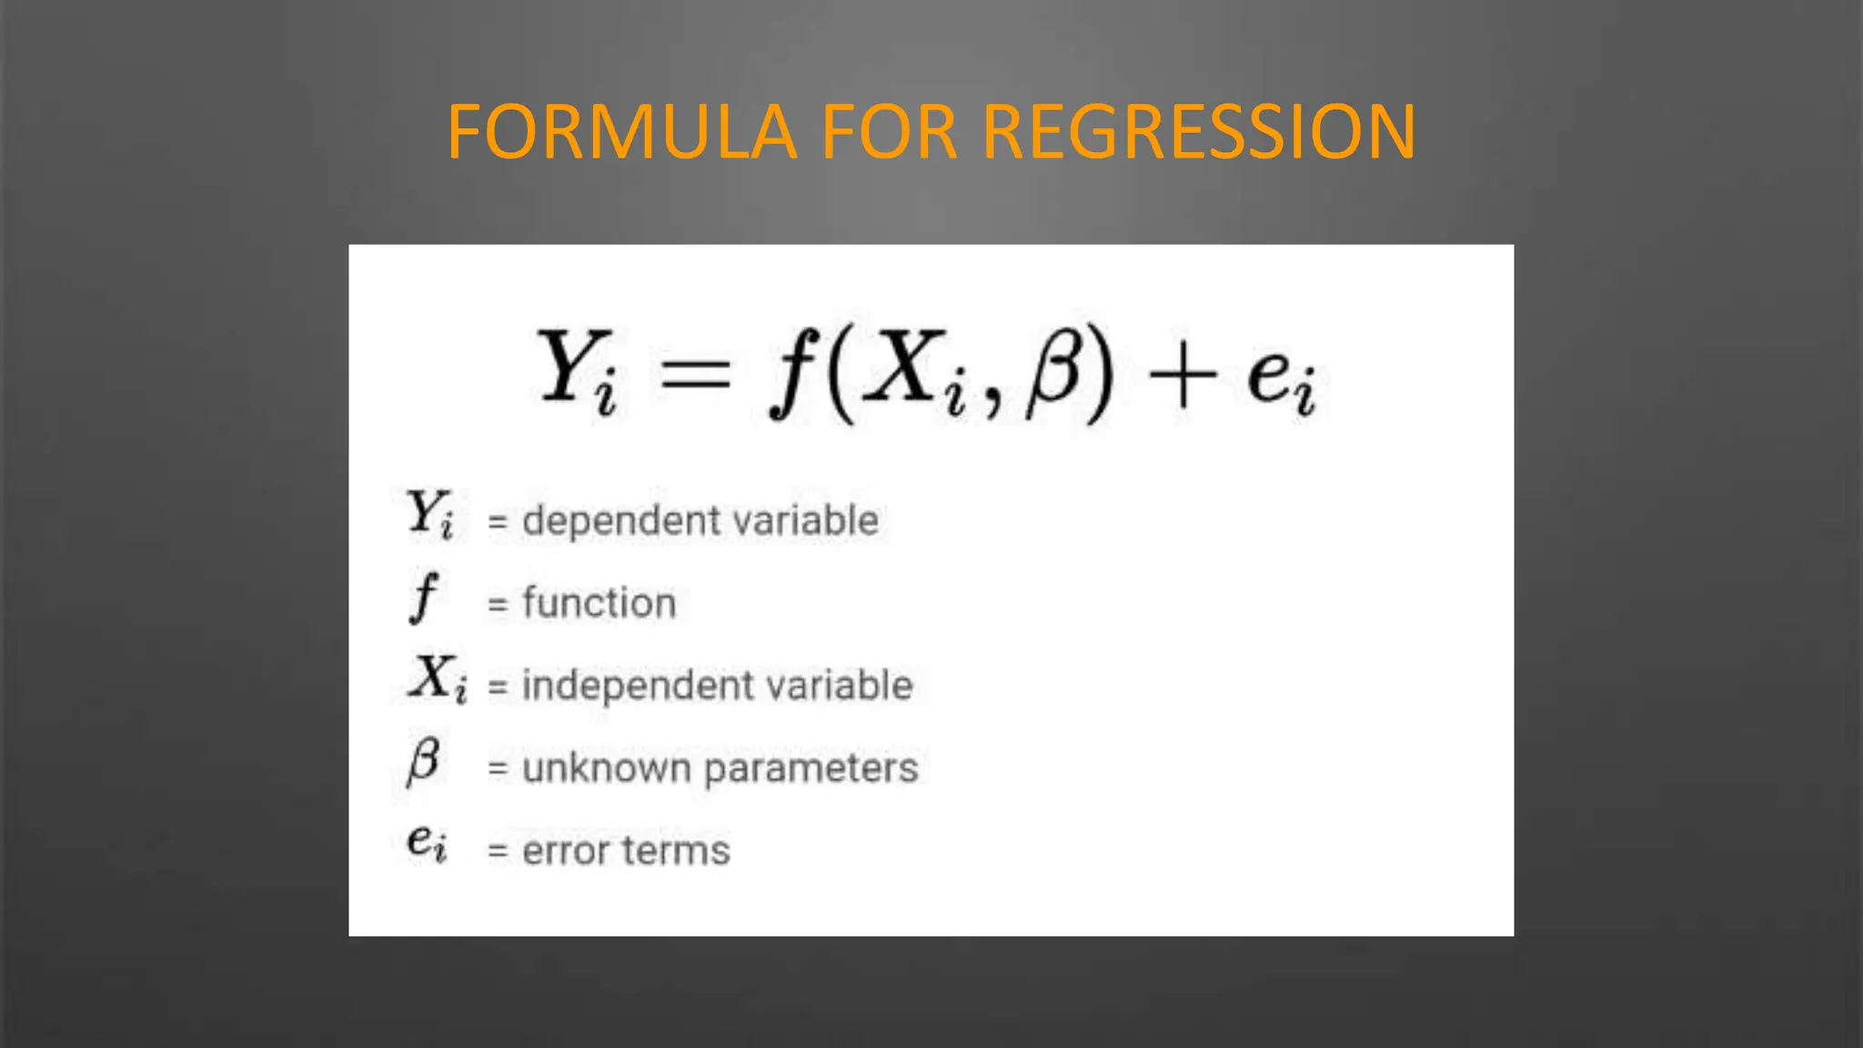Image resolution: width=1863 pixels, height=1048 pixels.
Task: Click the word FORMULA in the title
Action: point(622,133)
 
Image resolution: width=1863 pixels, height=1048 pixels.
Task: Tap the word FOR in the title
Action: point(889,133)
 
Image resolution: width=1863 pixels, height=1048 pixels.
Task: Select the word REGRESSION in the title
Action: point(1199,133)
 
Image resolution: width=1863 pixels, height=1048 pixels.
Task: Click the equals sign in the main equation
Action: point(695,373)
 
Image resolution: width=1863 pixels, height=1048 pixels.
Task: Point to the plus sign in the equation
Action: point(1183,375)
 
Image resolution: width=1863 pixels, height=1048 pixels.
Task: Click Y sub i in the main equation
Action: point(577,370)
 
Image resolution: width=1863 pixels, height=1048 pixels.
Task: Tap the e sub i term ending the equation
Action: point(1282,378)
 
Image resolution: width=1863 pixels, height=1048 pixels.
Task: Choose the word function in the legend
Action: point(599,603)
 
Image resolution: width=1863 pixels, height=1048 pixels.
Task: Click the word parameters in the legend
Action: point(811,770)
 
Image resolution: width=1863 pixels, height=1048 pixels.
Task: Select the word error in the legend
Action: point(565,851)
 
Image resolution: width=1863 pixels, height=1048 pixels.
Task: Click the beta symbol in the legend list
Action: point(424,761)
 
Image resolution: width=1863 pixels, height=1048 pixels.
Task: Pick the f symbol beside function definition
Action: point(423,598)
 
